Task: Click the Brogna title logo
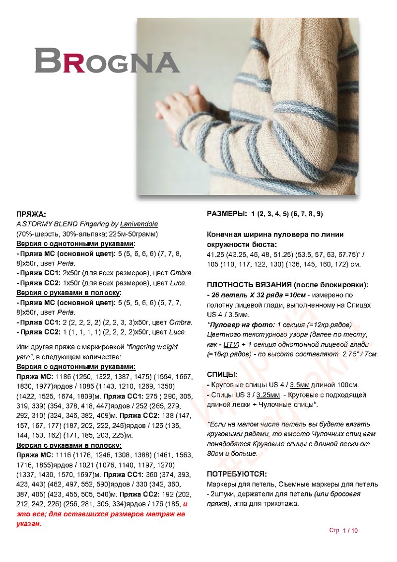[x=106, y=61]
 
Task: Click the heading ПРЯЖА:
[x=31, y=215]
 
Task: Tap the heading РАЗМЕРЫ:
[x=226, y=214]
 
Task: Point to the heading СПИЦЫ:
[x=222, y=375]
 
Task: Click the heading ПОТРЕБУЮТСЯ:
[x=237, y=474]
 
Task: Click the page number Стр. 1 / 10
[x=343, y=530]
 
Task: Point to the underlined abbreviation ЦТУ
[x=229, y=344]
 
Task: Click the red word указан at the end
[x=29, y=523]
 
